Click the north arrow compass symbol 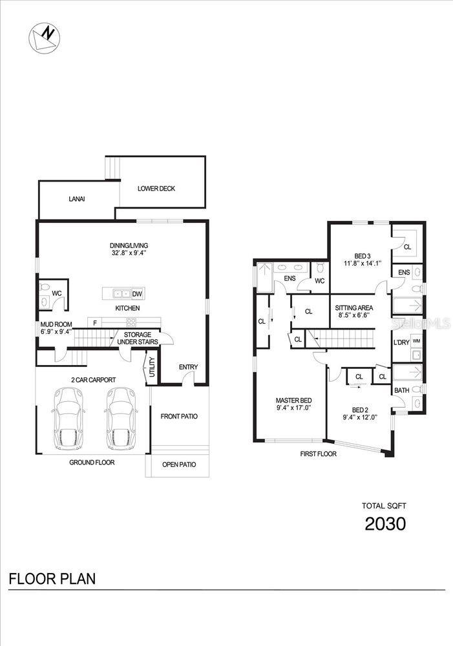point(44,38)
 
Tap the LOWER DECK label point(156,189)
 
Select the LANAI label point(77,199)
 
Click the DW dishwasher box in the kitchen point(137,294)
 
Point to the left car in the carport point(68,419)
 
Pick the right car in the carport point(121,419)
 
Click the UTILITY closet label point(152,367)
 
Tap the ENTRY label point(188,367)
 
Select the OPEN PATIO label point(179,464)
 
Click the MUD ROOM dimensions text point(56,331)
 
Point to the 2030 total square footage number point(385,524)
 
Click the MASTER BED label point(293,401)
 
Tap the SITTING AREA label point(353,307)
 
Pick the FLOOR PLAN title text point(52,579)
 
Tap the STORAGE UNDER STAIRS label point(138,339)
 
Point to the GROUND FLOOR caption point(92,463)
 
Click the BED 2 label point(360,410)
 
